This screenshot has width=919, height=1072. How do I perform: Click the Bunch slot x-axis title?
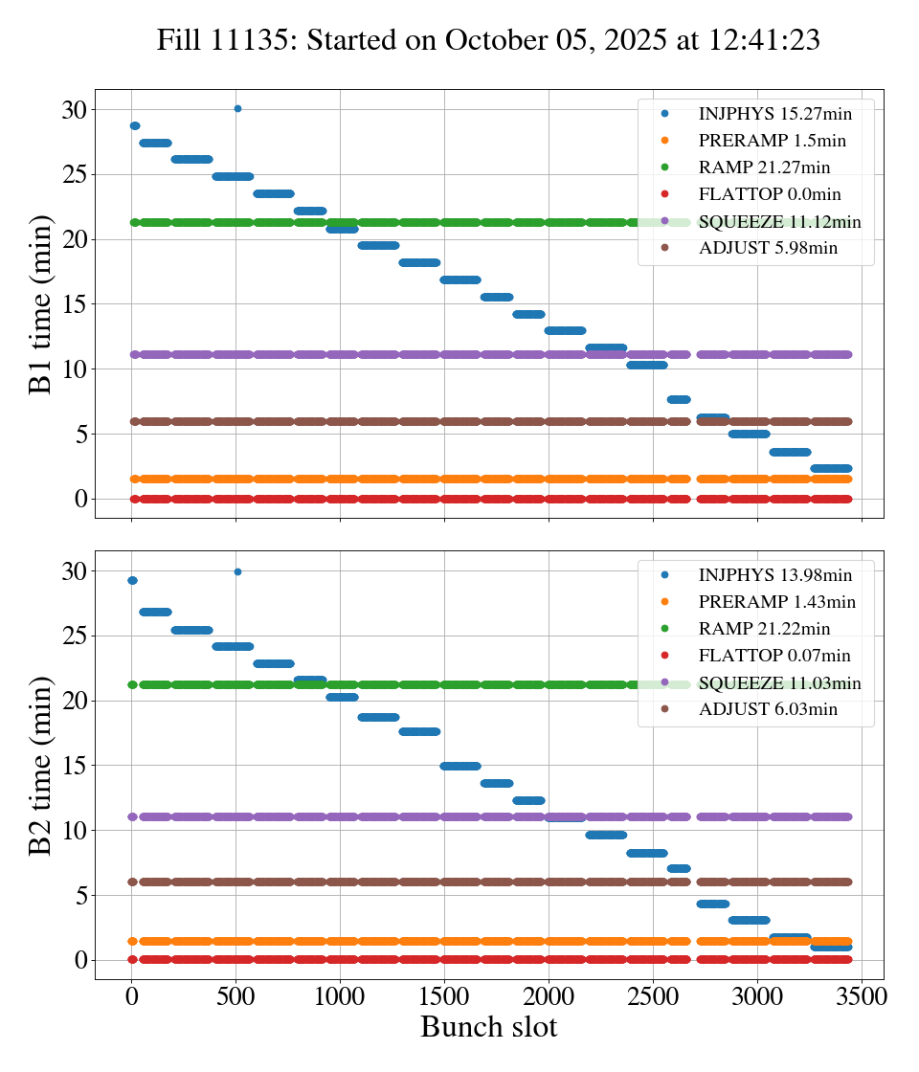[488, 1028]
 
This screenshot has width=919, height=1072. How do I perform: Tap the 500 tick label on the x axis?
[236, 996]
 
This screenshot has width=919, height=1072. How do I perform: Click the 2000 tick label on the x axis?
[549, 996]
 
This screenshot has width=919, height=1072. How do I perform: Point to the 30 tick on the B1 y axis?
[74, 110]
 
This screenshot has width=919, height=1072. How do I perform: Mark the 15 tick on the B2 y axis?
[74, 766]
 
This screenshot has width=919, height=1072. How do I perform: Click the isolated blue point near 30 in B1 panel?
[237, 108]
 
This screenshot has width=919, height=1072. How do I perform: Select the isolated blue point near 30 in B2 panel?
[237, 571]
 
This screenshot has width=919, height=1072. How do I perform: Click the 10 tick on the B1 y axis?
[74, 369]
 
